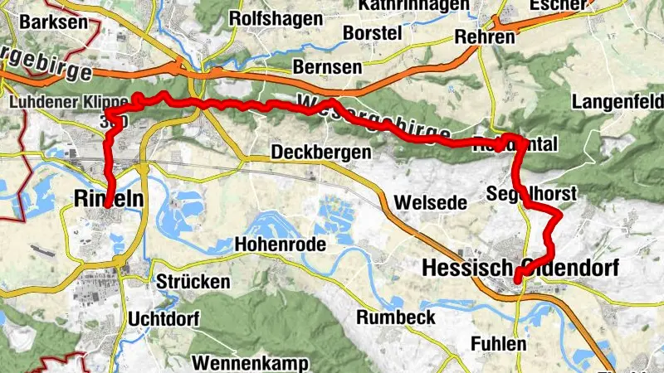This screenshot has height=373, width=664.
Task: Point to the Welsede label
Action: click(427, 201)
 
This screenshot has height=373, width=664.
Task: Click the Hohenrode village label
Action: click(280, 244)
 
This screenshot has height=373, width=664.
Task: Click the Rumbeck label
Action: click(396, 317)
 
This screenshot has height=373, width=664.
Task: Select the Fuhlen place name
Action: click(498, 343)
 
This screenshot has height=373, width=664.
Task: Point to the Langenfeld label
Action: click(618, 103)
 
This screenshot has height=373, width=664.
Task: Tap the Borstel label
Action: click(371, 32)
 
